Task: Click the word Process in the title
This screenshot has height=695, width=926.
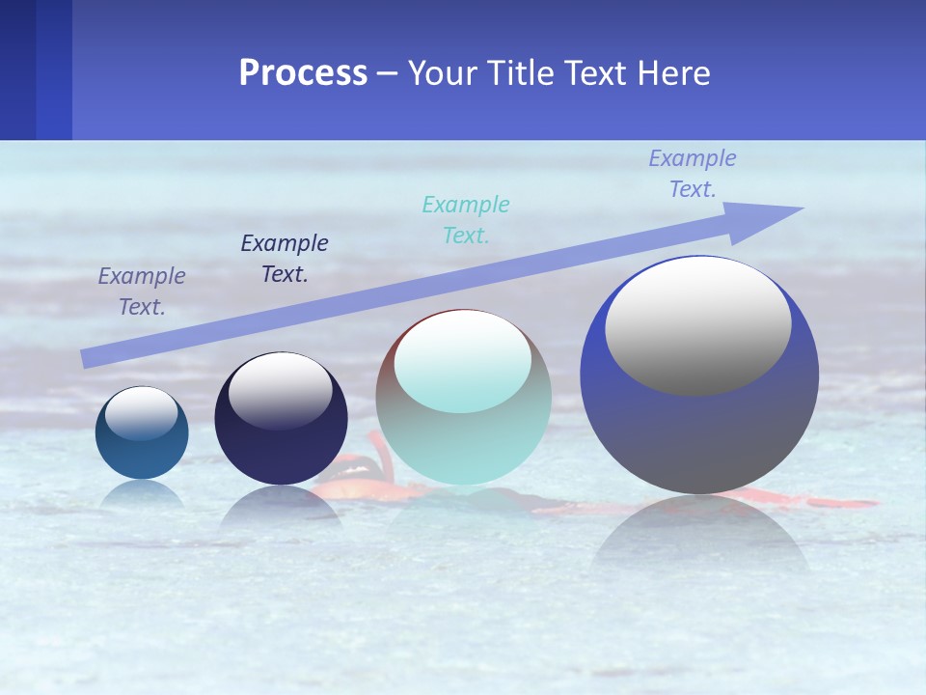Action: pyautogui.click(x=303, y=73)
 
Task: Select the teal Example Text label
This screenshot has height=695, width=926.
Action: pyautogui.click(x=466, y=220)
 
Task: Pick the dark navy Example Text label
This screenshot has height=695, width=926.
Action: pyautogui.click(x=285, y=259)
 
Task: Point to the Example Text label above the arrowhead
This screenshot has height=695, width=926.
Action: pyautogui.click(x=693, y=174)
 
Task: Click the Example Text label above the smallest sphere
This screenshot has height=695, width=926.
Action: pyautogui.click(x=142, y=292)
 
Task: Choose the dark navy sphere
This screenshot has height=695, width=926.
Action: pyautogui.click(x=281, y=444)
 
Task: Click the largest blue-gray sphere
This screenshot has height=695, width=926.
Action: pyautogui.click(x=699, y=434)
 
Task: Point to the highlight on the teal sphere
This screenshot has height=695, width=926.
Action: pyautogui.click(x=463, y=362)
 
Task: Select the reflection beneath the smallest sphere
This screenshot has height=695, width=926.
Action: pyautogui.click(x=142, y=494)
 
